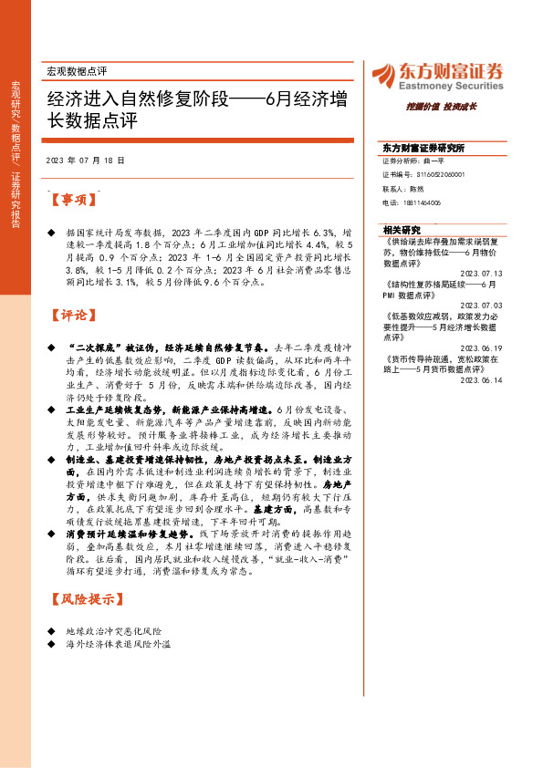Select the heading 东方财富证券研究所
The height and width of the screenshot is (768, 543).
click(423, 147)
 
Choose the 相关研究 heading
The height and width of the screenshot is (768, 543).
click(402, 230)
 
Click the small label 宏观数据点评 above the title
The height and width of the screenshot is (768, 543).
click(77, 70)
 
